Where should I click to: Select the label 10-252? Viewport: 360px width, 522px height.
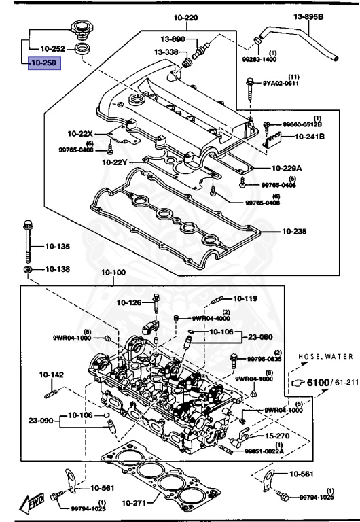click(54, 49)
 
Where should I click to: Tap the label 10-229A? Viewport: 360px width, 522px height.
click(289, 167)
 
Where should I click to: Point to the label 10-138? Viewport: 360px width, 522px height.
click(57, 269)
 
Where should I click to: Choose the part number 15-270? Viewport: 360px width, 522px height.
click(277, 435)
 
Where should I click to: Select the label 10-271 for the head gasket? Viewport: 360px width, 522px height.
click(135, 503)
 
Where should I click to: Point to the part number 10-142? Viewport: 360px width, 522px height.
click(51, 375)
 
